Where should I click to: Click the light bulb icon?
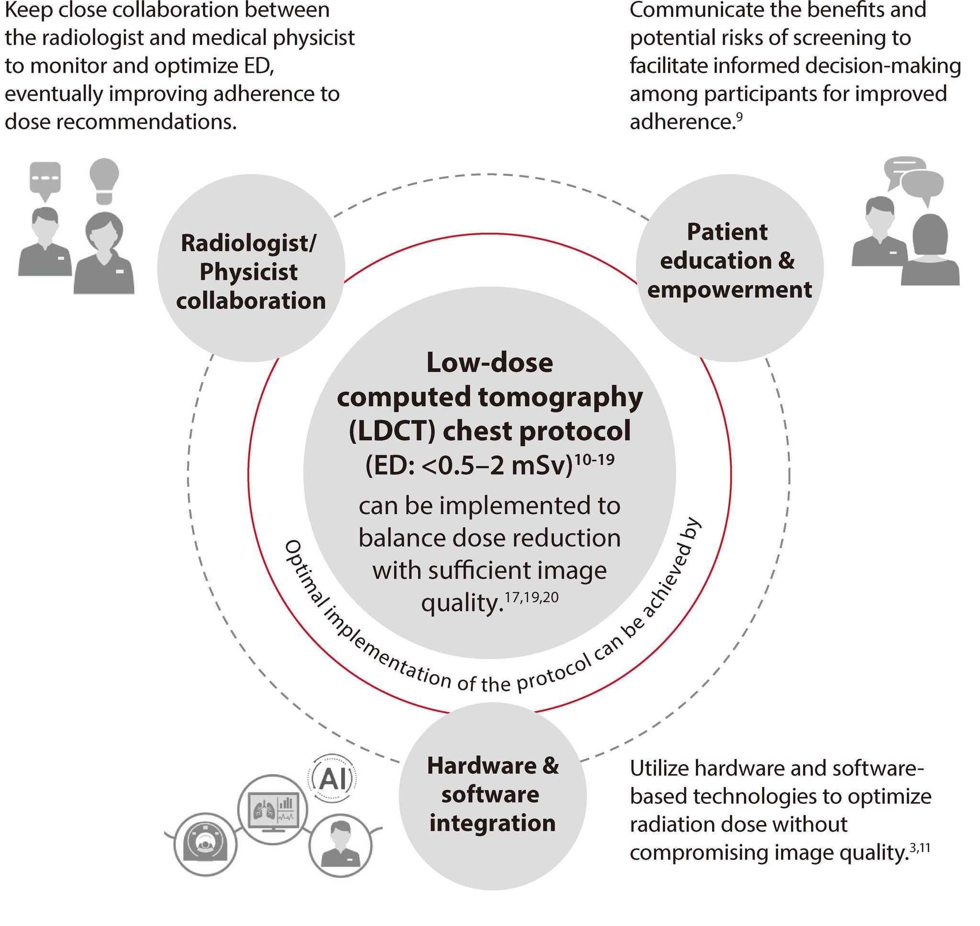[104, 181]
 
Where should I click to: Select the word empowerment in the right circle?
[729, 289]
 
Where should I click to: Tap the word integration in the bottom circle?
[492, 823]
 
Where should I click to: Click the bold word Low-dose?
[490, 362]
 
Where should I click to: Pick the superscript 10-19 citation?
[595, 459]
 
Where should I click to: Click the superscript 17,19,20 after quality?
[532, 597]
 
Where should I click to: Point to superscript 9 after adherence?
[739, 116]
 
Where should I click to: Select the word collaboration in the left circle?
[251, 301]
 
